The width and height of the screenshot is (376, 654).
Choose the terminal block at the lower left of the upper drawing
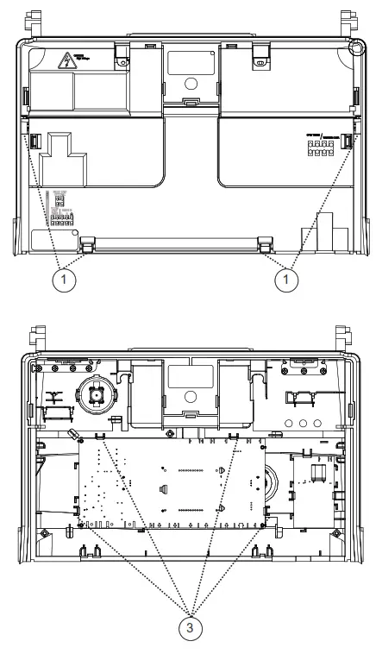pos(62,217)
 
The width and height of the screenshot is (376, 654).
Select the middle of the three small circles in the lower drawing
pos(304,423)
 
